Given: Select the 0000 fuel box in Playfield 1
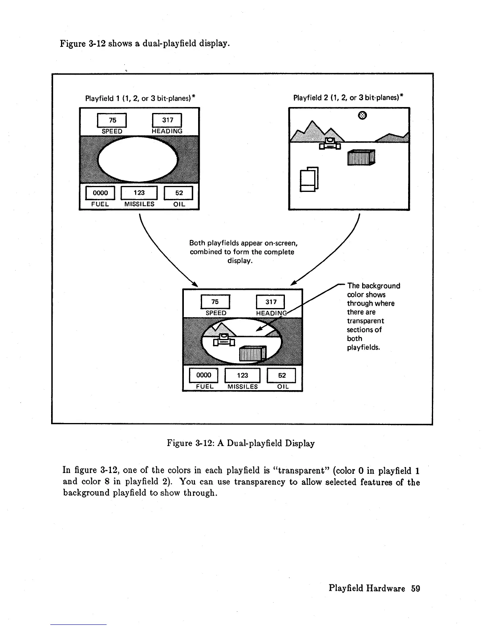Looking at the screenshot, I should [100, 193].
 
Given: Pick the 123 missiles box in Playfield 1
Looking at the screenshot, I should [139, 193].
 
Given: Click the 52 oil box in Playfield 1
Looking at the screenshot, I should [179, 193].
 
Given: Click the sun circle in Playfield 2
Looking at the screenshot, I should [361, 115].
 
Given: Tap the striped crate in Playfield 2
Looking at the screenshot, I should [361, 157].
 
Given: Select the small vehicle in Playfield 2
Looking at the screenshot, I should [330, 144].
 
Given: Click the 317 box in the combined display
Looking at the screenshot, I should [271, 302].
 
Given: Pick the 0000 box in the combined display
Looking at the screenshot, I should [204, 375].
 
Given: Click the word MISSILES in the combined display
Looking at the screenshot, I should [242, 387].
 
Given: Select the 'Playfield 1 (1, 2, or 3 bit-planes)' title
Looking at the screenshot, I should [141, 98].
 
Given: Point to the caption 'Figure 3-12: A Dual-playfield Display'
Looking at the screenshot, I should [241, 443].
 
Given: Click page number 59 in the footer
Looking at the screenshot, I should [415, 588].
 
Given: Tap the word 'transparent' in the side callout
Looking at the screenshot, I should [365, 321].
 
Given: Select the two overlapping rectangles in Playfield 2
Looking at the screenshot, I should [309, 179].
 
